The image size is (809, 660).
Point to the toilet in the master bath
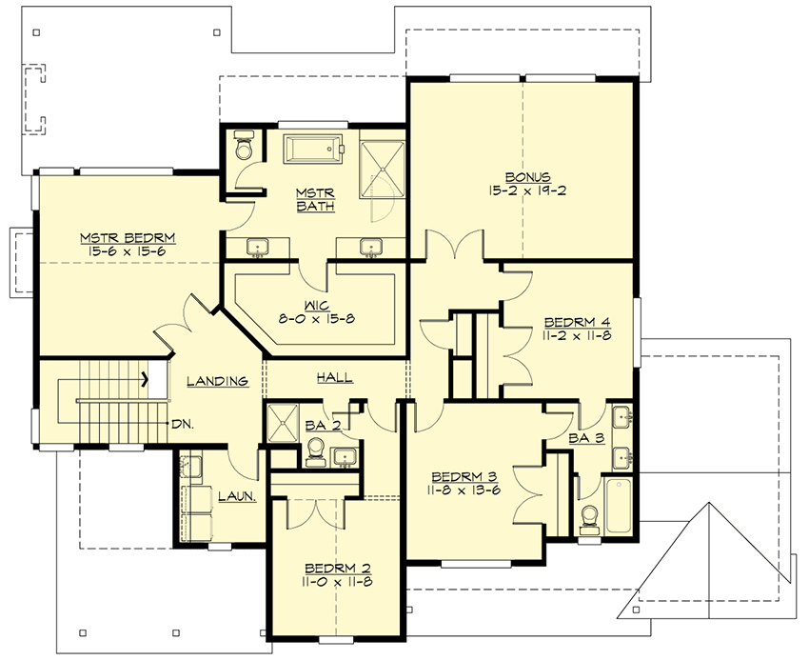click(x=243, y=146)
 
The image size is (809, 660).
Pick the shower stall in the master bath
click(x=382, y=169)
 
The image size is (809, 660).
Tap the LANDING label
click(x=217, y=381)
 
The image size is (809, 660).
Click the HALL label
click(x=334, y=378)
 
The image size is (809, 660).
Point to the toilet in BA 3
click(x=589, y=518)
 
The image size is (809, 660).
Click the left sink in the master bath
click(x=257, y=248)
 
